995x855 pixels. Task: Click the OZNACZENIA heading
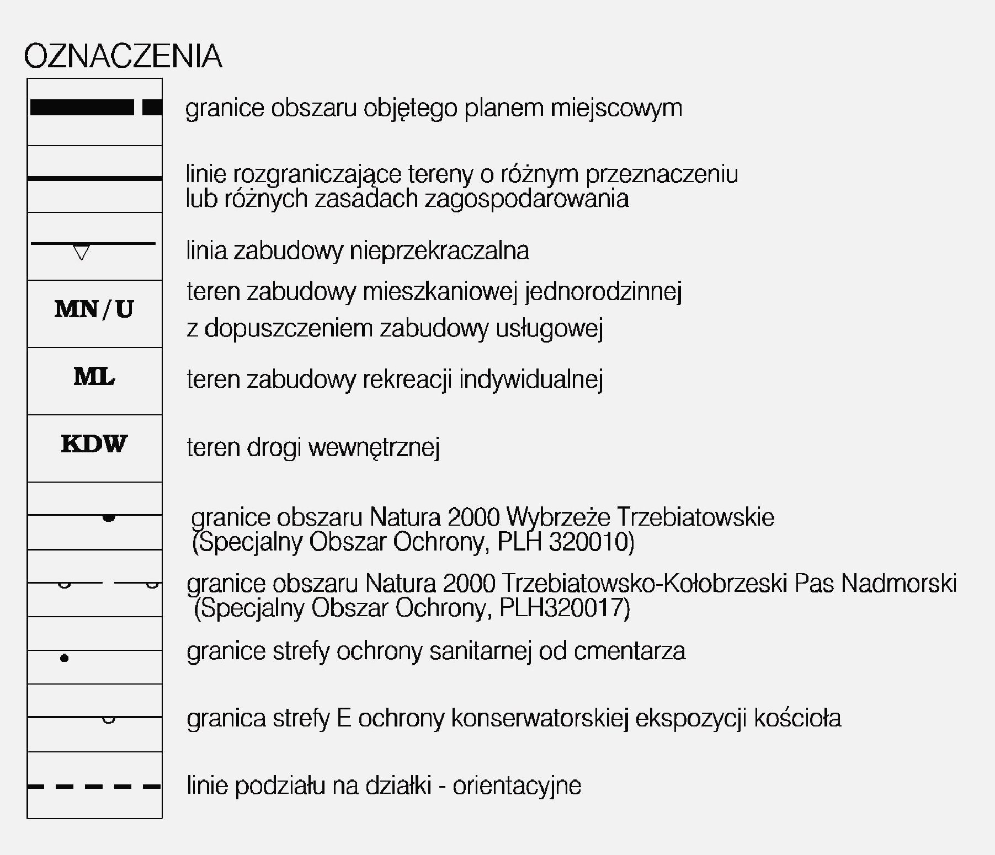click(123, 56)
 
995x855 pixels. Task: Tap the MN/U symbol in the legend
click(94, 309)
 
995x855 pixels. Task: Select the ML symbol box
click(94, 377)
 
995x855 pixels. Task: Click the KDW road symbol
click(94, 444)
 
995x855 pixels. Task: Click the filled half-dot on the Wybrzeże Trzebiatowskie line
click(109, 518)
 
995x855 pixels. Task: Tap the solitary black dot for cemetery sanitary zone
click(65, 658)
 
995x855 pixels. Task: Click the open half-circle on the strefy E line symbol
click(109, 719)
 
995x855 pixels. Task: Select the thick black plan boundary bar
click(82, 108)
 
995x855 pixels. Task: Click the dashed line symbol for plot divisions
click(94, 787)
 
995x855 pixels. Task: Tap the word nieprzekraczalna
click(439, 251)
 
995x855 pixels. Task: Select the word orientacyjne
click(517, 785)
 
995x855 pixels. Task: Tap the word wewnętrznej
click(374, 447)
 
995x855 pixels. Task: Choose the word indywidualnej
click(530, 380)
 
